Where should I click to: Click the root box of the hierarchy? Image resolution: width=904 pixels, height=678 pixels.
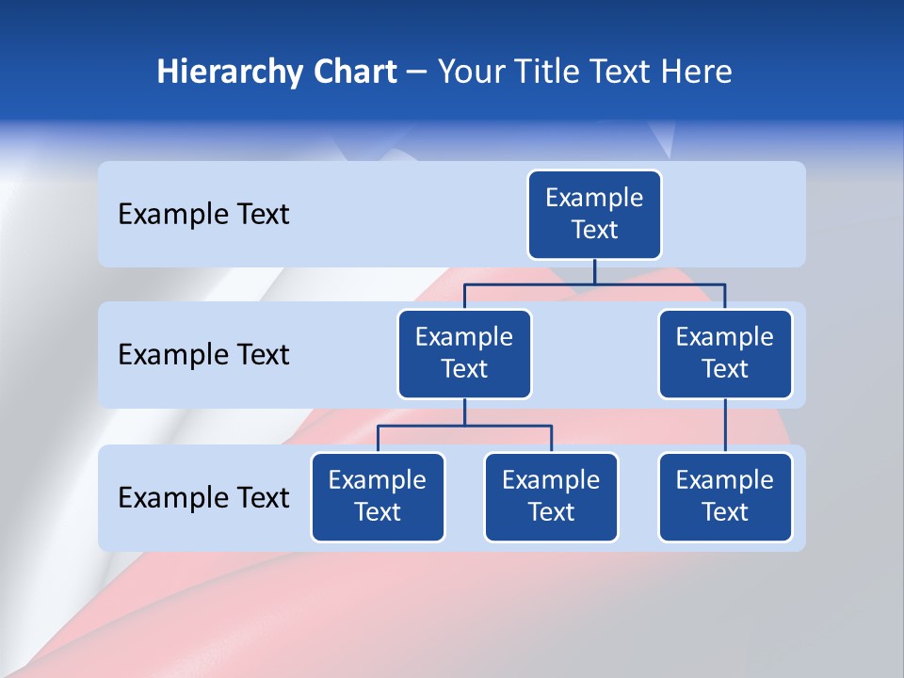coord(594,214)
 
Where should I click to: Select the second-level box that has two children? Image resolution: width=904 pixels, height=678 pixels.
coord(464,353)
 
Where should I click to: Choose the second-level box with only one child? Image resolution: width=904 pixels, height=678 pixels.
coord(725,353)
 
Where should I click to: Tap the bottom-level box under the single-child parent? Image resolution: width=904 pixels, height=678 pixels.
coord(725,496)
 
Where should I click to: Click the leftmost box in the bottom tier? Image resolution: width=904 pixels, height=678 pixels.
coord(378,496)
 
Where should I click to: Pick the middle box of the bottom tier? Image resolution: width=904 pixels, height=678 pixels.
coord(551,496)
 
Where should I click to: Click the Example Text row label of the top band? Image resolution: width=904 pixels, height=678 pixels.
coord(203,215)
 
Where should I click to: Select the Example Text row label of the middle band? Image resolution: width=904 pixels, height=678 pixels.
coord(203,355)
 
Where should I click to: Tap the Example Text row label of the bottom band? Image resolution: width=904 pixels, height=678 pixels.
coord(203,497)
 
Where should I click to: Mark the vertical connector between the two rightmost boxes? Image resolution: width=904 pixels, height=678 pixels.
coord(725,426)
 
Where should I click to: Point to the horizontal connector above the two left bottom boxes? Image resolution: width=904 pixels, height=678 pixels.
coord(464,426)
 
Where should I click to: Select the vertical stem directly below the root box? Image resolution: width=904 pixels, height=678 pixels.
coord(594,271)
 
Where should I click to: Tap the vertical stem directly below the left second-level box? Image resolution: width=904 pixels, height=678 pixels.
coord(464,412)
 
